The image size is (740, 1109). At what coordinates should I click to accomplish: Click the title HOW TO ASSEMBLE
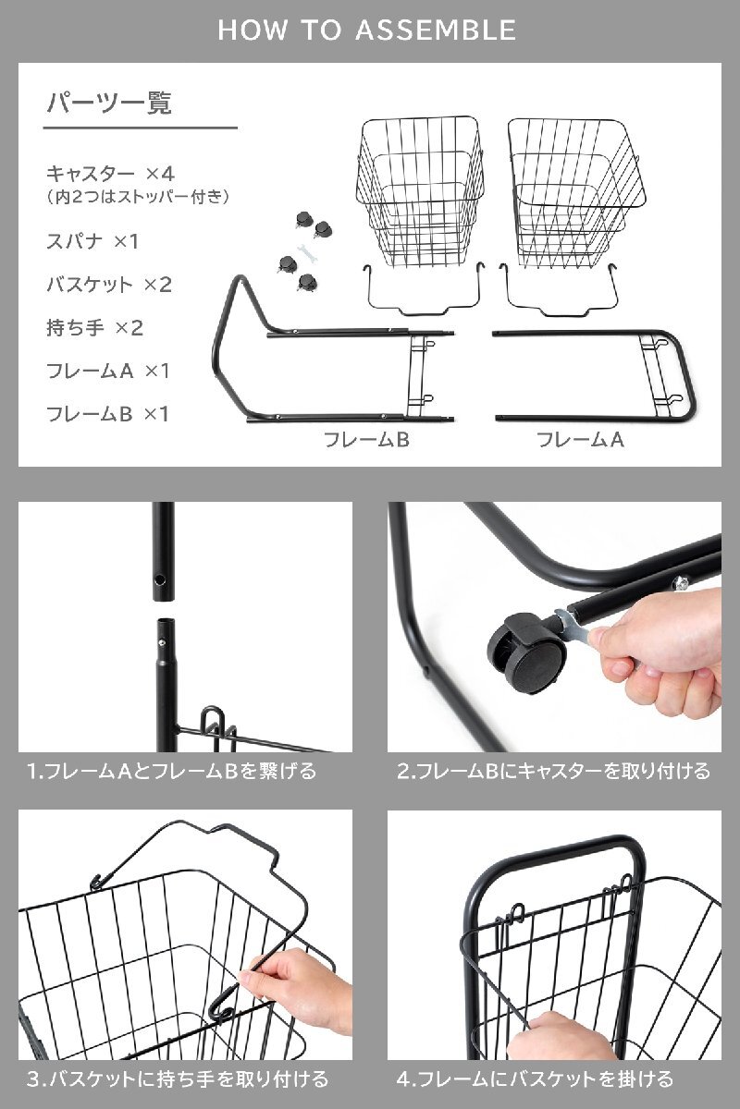coord(367,30)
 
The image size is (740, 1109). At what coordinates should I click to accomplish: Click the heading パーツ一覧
coord(109,103)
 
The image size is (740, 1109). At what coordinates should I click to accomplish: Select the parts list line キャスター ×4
coord(111,173)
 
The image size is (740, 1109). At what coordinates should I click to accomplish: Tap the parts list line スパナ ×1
coord(92,241)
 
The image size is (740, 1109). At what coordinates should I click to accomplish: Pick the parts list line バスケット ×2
coord(109,285)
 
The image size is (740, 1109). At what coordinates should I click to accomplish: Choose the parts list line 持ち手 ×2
coord(95,327)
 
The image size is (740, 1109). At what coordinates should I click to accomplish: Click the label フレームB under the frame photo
coord(366,440)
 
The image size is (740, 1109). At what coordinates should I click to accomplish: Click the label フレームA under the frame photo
coord(581,440)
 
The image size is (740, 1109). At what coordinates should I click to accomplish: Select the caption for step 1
coord(171,771)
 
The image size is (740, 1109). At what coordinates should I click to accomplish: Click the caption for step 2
coord(553,771)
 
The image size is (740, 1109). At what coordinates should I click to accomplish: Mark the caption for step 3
coord(177,1079)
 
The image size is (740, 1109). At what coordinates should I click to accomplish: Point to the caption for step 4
coord(535,1079)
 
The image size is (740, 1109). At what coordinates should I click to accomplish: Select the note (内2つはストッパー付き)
coord(137,197)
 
